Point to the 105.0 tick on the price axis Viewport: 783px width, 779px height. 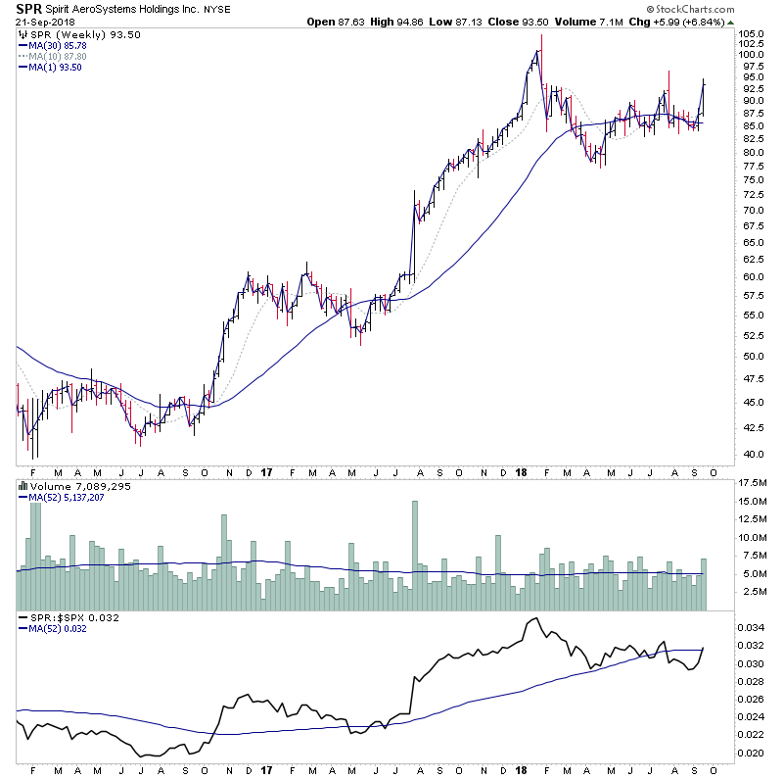752,34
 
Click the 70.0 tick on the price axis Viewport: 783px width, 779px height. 750,210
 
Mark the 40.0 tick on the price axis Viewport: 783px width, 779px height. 750,455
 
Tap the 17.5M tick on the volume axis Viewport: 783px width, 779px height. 752,483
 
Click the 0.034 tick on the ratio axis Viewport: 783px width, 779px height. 752,627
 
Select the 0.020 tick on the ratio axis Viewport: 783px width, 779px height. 752,753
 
